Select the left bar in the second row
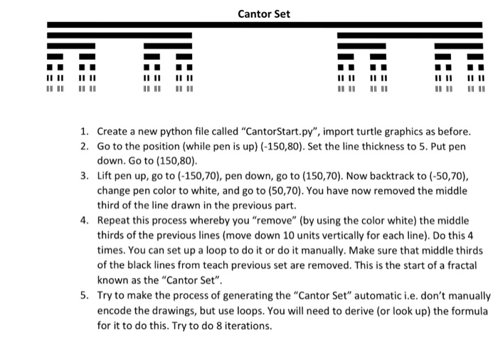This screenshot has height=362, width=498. click(120, 34)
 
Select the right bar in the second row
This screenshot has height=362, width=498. click(410, 34)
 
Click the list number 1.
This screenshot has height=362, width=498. click(84, 132)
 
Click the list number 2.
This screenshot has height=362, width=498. click(84, 145)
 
